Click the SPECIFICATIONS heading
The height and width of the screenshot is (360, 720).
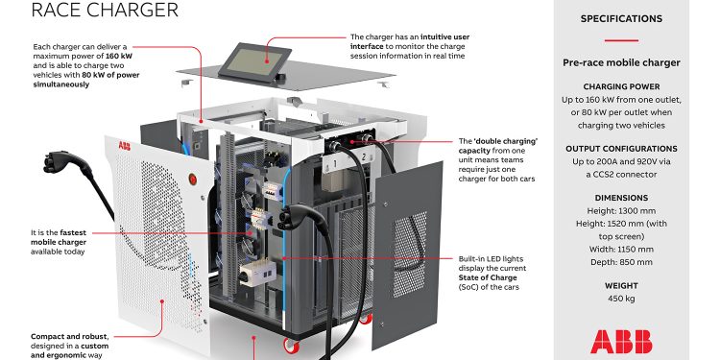click(x=620, y=18)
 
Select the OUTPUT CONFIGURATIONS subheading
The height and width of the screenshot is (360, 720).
click(x=620, y=149)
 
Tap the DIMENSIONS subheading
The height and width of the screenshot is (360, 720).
click(x=620, y=199)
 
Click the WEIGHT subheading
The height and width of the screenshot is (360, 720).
click(x=620, y=286)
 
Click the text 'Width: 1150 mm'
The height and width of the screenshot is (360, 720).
click(x=620, y=249)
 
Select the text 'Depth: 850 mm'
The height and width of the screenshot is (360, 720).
click(x=620, y=261)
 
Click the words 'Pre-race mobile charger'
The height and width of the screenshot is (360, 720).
click(x=620, y=63)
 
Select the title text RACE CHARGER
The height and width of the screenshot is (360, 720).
click(x=91, y=11)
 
